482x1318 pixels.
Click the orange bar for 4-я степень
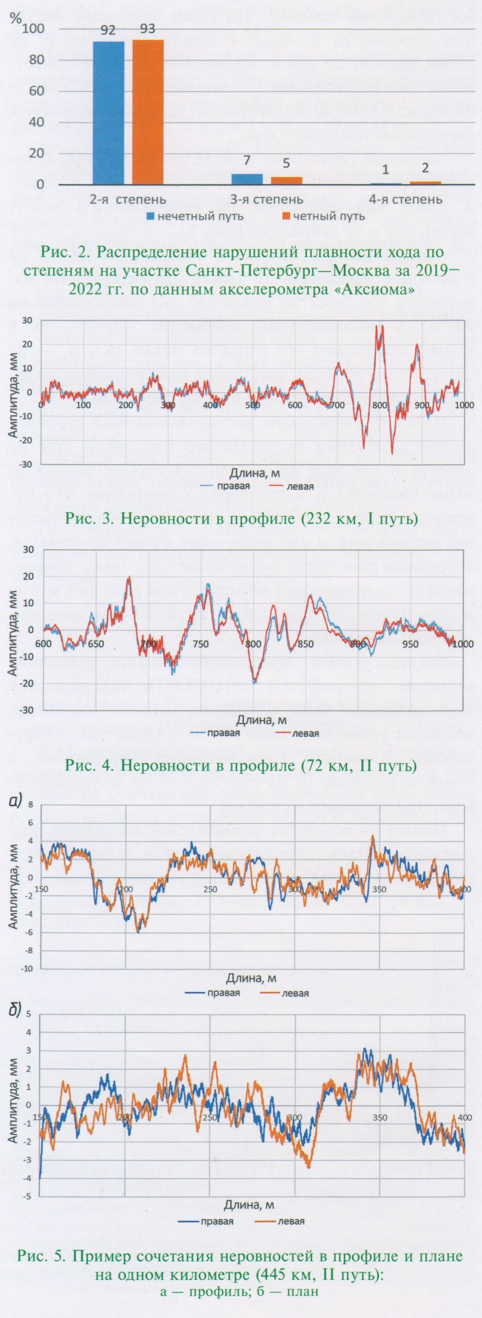tap(425, 183)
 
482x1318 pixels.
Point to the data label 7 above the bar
tap(247, 161)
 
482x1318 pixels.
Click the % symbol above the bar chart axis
tap(17, 19)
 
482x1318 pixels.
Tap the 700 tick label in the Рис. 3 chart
tap(336, 405)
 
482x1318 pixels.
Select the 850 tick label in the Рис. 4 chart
tap(305, 644)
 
